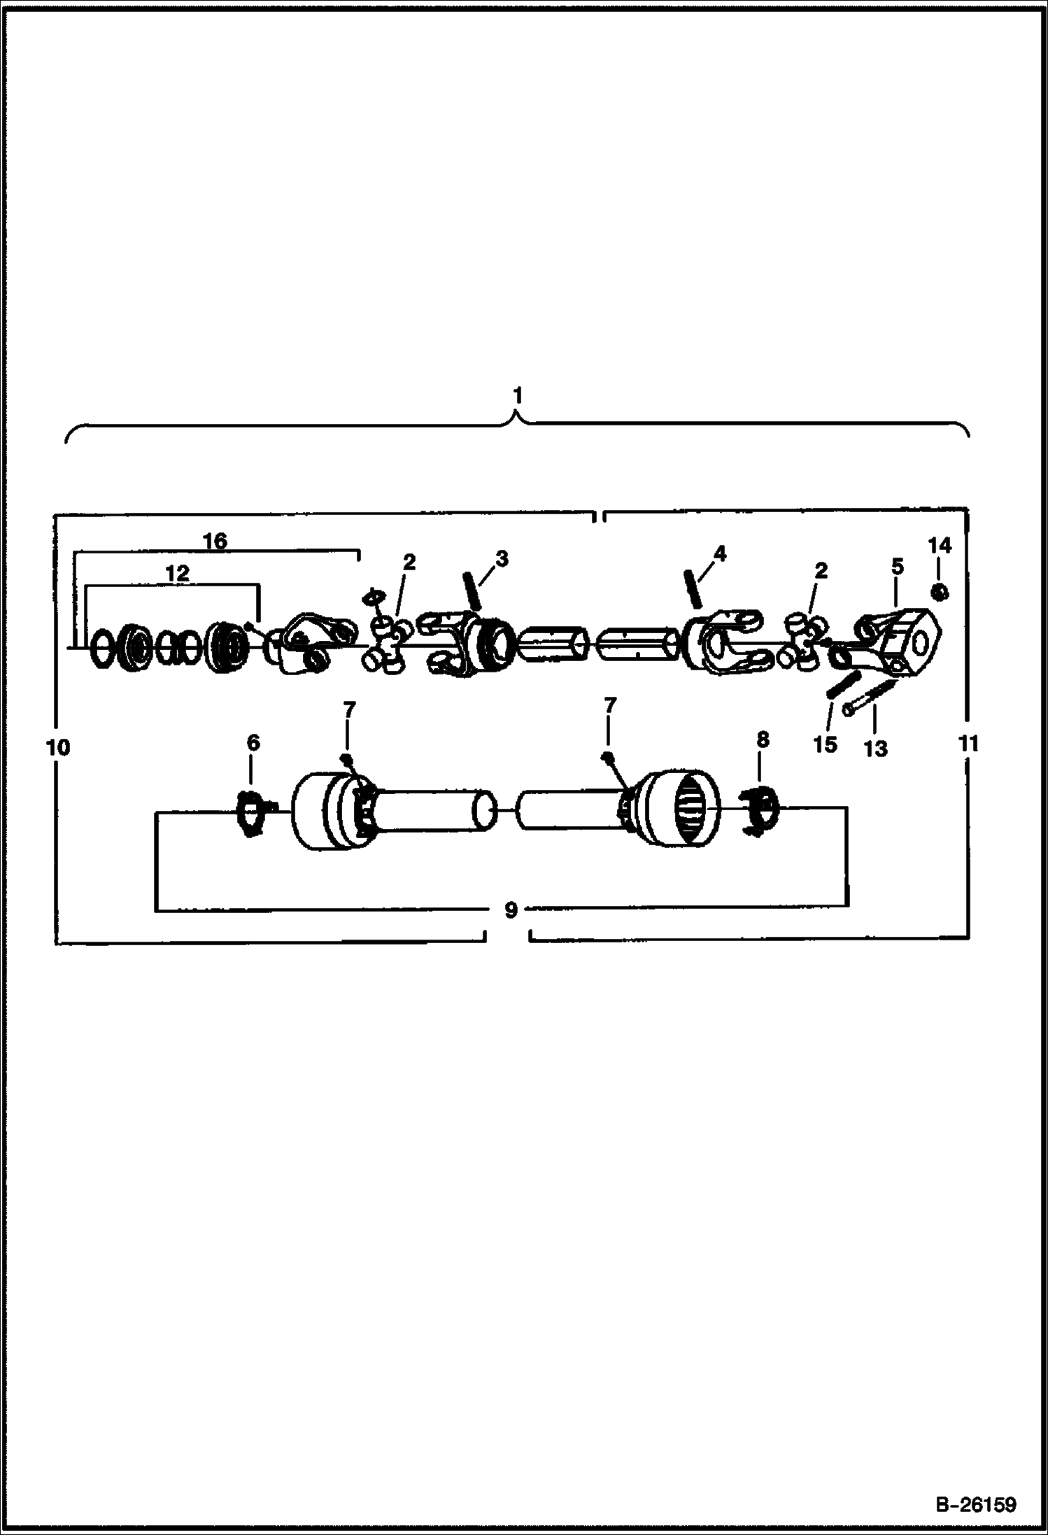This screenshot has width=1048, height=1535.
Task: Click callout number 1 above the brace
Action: [518, 396]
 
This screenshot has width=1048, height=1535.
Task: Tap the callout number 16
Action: [215, 541]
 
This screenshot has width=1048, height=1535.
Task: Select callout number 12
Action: [177, 574]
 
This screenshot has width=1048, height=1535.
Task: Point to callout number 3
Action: [501, 558]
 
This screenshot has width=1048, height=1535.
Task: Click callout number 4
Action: [720, 554]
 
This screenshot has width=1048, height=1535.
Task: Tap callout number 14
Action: [940, 545]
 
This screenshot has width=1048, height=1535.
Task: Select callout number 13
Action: [875, 749]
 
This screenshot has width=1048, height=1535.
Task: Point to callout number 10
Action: [59, 747]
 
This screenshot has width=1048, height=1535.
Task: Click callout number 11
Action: [968, 743]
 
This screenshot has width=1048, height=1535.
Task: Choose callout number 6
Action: [253, 743]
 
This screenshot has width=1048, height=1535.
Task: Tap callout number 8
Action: [763, 739]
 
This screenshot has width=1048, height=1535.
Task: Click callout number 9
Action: [511, 911]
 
